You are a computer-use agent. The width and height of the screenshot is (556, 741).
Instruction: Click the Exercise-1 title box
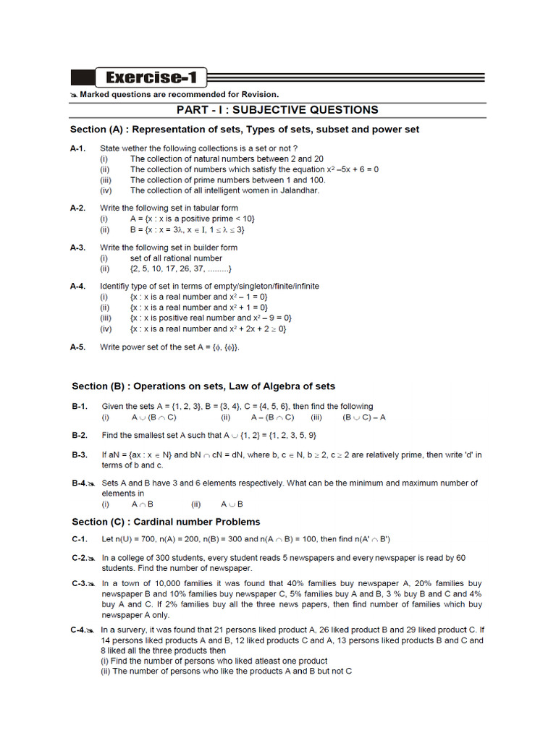[150, 78]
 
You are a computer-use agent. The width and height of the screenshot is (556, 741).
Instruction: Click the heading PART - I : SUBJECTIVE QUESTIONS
[278, 110]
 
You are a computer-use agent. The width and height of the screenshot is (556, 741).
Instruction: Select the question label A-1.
[78, 148]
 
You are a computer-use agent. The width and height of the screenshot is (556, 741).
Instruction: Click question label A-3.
[78, 247]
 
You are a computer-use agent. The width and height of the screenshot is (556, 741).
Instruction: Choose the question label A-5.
[78, 347]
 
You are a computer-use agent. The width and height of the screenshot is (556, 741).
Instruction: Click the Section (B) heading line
[203, 386]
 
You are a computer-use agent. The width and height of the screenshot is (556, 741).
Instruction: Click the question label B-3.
[80, 454]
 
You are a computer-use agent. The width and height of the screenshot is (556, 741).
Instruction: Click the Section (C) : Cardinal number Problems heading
[166, 522]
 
